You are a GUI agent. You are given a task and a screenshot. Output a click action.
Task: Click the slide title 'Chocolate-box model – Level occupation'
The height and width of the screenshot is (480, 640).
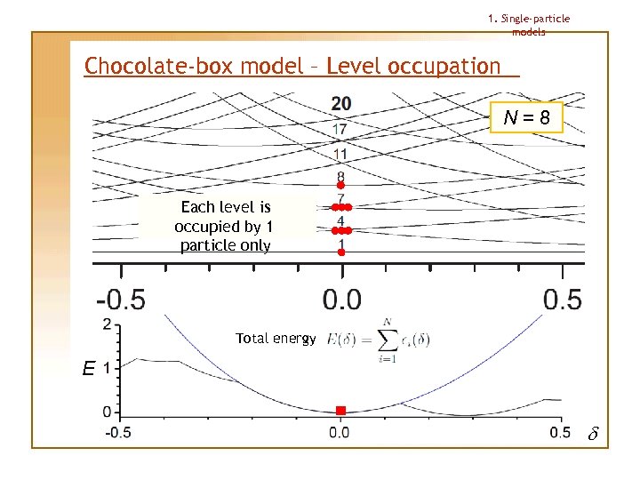pos(292,66)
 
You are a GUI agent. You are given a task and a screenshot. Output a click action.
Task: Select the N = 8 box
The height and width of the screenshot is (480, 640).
pos(527,117)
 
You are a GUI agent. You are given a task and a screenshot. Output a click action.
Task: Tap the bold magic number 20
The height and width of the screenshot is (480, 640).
pos(340,104)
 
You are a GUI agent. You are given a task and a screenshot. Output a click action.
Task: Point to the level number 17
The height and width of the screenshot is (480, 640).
pos(340,130)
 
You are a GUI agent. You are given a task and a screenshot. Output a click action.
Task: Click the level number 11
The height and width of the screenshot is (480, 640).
pos(340,155)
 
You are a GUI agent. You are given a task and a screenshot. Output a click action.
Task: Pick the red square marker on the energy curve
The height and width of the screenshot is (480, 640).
pos(340,411)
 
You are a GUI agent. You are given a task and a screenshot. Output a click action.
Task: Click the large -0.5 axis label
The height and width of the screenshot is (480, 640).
pos(122,300)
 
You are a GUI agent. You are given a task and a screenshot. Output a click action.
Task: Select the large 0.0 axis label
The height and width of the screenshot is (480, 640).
pos(341,300)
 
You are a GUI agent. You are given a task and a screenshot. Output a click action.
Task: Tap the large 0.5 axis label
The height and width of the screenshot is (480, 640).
pos(562,300)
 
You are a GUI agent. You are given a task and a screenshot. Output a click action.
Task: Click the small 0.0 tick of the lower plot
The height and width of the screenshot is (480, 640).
pos(340,432)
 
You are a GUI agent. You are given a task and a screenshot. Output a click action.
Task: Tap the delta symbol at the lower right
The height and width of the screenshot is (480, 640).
pos(593,435)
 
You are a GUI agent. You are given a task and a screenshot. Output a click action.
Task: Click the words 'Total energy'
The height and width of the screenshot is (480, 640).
pos(276,339)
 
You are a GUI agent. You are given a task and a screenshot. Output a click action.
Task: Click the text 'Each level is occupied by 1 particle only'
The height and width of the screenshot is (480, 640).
pos(225,226)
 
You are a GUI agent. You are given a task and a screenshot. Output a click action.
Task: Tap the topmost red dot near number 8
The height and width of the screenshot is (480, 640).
pos(340,185)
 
